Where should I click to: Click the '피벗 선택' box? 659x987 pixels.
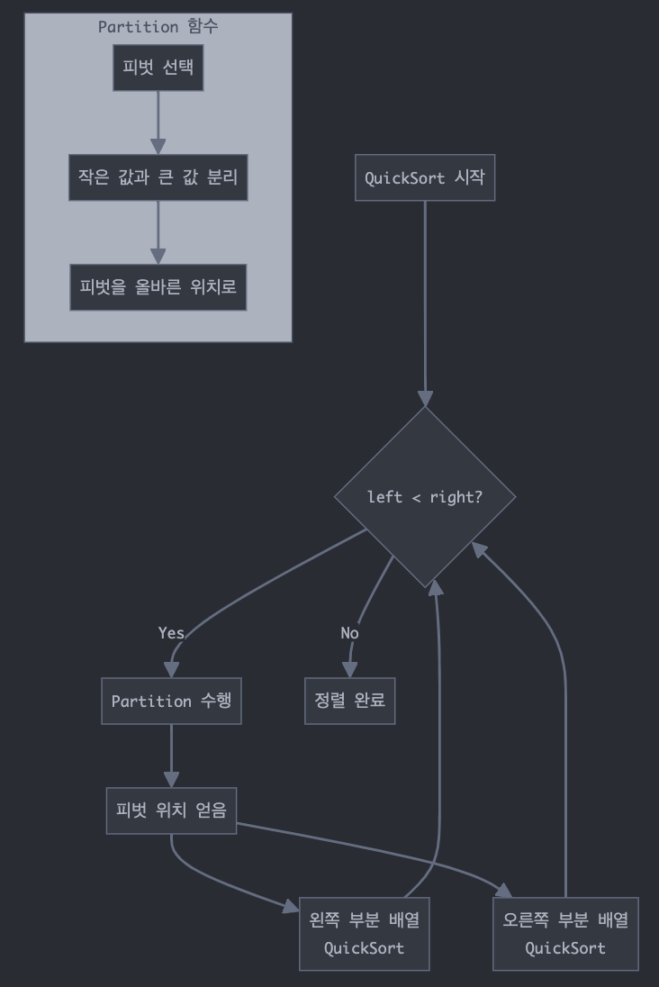pos(158,68)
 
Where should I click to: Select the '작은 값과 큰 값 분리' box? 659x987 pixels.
pos(158,177)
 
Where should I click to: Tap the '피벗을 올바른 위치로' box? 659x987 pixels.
pos(158,288)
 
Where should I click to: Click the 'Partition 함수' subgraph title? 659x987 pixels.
pos(158,27)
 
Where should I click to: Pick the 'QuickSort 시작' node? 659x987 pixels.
pos(425,177)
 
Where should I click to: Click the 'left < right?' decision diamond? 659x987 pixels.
pos(425,497)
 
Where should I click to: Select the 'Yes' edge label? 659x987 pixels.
pos(171,633)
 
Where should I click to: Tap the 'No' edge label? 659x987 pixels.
pos(350,633)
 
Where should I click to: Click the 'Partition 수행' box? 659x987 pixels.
pos(171,701)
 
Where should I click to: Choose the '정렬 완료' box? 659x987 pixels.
pos(350,701)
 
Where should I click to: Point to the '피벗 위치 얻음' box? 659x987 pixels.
pos(171,810)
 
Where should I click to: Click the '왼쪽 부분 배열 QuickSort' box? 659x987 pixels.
pos(364,934)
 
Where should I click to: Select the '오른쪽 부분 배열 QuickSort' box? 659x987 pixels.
pos(565,934)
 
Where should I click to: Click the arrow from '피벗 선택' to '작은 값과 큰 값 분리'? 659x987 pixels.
pos(158,122)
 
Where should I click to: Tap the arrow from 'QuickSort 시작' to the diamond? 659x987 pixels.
pos(425,297)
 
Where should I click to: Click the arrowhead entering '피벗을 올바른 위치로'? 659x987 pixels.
pos(158,256)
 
